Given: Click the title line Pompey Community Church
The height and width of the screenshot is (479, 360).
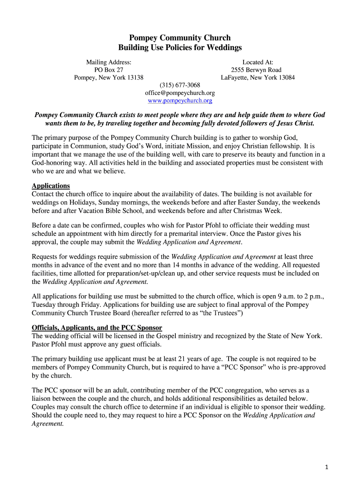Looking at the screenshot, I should coord(180,38).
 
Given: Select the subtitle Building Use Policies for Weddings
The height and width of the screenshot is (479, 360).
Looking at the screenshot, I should coord(180,48).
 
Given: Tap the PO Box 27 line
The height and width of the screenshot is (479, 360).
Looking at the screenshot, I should coord(108,70).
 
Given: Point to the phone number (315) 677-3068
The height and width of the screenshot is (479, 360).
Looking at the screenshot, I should coord(180,85).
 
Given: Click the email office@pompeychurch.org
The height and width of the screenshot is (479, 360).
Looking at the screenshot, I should coord(180,93).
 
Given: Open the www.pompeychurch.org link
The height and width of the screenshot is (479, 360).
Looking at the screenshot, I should coord(180,101).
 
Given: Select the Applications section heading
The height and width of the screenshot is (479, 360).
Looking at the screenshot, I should coord(50,186).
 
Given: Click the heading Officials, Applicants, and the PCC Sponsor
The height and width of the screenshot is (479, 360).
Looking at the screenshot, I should coord(97,327).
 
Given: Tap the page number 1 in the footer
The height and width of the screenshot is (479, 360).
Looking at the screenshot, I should coord(328,467).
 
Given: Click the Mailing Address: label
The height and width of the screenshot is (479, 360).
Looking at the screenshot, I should coord(108,62).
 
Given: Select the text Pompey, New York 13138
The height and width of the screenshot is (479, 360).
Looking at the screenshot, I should coord(108,78).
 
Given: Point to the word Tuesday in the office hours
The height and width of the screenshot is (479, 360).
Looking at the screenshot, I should coord(43,305).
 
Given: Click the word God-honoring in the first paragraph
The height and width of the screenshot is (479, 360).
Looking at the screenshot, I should coord(51,163).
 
